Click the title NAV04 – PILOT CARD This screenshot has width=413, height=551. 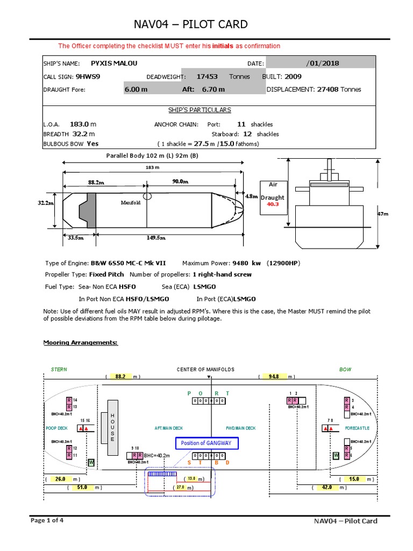(190, 24)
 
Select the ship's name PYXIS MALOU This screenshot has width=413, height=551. (115, 63)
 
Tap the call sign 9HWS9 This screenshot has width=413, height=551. (88, 76)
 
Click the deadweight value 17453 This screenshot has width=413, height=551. (207, 76)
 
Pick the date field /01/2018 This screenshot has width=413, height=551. (323, 63)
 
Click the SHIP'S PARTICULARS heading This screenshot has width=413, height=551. (200, 110)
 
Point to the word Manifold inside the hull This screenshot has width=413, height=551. (130, 203)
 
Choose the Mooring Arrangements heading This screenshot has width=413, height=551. (80, 342)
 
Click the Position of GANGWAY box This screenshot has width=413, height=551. (206, 443)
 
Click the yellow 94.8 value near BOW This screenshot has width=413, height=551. (273, 377)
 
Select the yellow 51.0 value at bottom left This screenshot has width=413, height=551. (82, 488)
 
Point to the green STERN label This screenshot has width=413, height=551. (59, 369)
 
